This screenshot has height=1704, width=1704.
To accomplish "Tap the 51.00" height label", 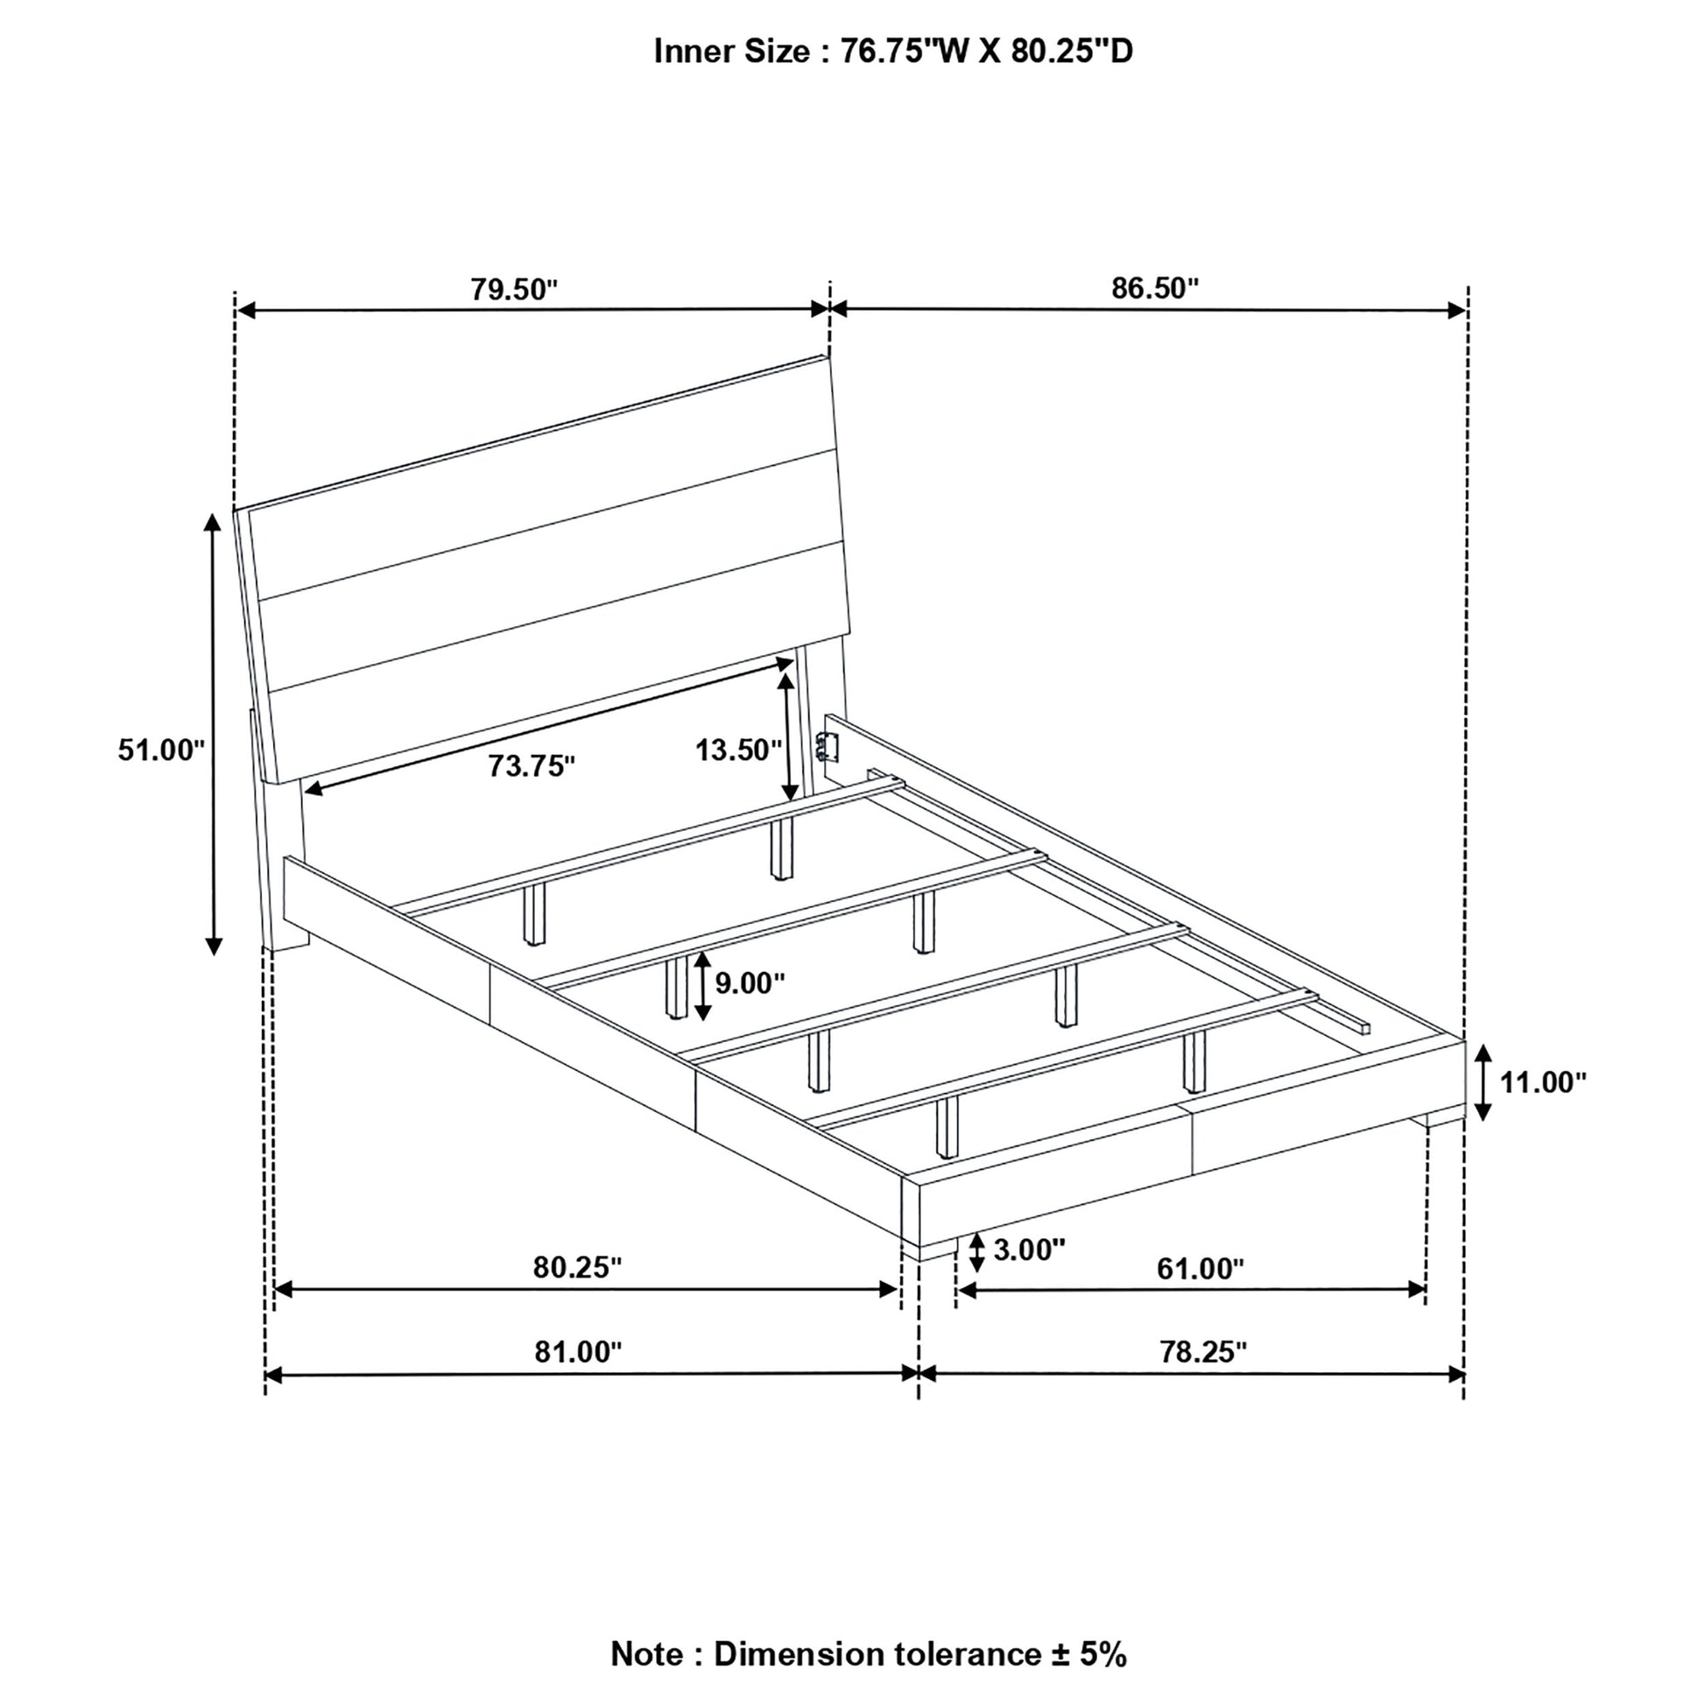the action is pyautogui.click(x=161, y=750).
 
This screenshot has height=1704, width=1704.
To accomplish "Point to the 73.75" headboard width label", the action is pyautogui.click(x=532, y=765).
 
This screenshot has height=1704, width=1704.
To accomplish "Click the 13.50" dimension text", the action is pyautogui.click(x=738, y=750).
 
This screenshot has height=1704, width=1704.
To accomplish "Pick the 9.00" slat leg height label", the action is pyautogui.click(x=750, y=982).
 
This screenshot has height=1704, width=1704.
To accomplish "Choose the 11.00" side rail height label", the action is pyautogui.click(x=1543, y=1082).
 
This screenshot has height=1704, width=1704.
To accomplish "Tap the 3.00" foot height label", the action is pyautogui.click(x=1029, y=1250).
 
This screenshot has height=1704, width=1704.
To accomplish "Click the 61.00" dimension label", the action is pyautogui.click(x=1201, y=1269).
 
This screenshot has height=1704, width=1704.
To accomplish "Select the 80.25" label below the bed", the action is pyautogui.click(x=577, y=1267).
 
